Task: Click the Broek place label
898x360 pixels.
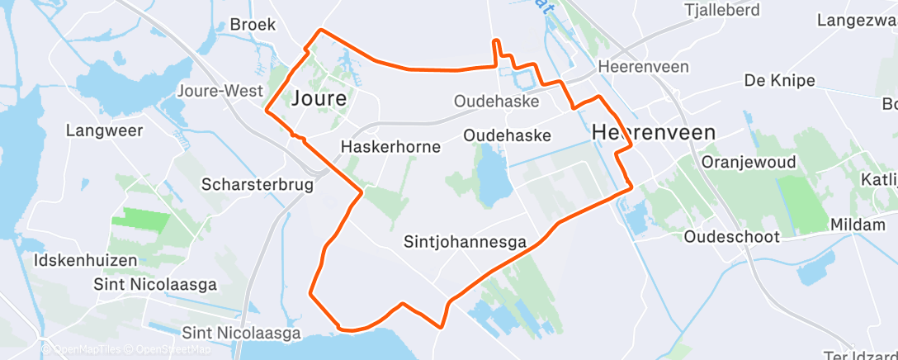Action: click(x=252, y=25)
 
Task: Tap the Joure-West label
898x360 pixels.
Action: click(x=223, y=91)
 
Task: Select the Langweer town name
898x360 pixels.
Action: click(x=105, y=130)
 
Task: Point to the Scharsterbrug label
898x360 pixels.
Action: click(x=258, y=185)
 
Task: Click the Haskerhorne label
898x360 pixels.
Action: click(x=390, y=147)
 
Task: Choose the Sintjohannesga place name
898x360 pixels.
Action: click(x=466, y=242)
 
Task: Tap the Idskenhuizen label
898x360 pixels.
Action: click(x=86, y=260)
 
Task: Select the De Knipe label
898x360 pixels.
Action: click(x=779, y=81)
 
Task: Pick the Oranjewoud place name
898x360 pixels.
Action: click(x=749, y=163)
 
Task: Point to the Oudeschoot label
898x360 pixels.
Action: click(x=732, y=237)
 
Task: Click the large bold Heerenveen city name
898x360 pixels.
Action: click(x=654, y=132)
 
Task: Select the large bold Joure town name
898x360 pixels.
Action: click(x=319, y=99)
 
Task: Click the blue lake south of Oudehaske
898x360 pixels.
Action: click(x=494, y=173)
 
